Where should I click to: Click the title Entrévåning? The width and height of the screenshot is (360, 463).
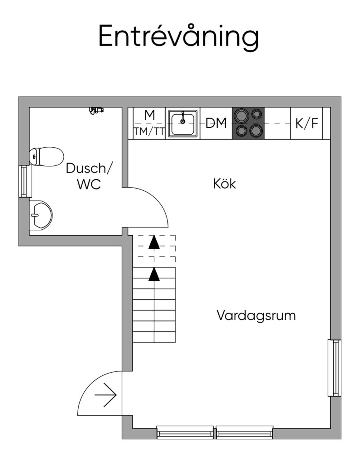(x=179, y=37)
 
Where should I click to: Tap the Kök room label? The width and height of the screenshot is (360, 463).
(x=224, y=184)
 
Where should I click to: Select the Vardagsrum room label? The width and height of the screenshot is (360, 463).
(x=256, y=315)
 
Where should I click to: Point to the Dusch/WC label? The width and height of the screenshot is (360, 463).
(x=89, y=176)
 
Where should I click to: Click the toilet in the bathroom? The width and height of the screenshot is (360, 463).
(x=46, y=156)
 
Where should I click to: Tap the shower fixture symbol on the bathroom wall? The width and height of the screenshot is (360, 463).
(x=96, y=110)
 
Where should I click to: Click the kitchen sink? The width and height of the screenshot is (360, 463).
(x=183, y=123)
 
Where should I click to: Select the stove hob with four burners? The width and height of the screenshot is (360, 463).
(x=248, y=123)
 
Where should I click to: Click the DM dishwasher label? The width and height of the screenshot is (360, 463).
(x=216, y=123)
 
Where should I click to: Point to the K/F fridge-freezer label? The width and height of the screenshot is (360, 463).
(x=307, y=123)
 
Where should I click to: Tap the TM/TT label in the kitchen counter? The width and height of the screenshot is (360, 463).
(x=149, y=132)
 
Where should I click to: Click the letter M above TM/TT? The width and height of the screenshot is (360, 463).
(x=149, y=115)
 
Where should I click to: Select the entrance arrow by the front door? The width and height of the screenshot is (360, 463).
(x=105, y=395)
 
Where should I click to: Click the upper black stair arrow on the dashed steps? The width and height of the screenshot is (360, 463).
(x=154, y=243)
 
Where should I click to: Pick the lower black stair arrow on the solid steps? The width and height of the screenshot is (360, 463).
(x=154, y=275)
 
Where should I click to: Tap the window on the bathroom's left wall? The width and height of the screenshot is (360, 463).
(x=24, y=181)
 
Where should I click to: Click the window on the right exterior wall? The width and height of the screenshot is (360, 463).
(x=335, y=368)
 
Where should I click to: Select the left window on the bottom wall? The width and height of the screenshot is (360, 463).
(x=185, y=432)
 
